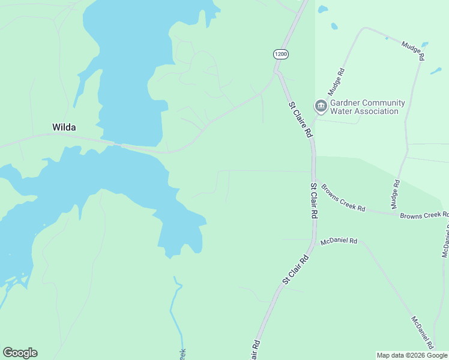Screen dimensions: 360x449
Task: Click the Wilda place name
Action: coord(64,127)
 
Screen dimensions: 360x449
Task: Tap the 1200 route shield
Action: coord(280,54)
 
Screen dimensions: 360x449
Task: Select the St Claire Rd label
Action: coord(301,119)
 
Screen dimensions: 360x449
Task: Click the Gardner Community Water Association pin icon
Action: coord(321,107)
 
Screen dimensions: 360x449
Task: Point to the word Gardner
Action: coord(344,103)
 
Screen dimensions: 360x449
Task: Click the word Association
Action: coord(375,111)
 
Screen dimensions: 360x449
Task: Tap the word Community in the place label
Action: coord(382,103)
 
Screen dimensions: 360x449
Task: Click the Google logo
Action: coord(20,353)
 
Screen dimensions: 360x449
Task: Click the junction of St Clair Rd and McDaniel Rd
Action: coord(313,242)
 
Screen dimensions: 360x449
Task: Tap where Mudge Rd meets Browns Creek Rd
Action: coord(396,212)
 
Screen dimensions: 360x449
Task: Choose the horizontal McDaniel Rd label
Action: coord(339,241)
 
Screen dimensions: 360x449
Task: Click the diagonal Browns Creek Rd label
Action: coord(343,197)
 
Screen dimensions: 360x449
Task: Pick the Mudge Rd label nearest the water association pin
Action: coord(337,82)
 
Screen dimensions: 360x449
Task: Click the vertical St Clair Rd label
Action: coord(313,201)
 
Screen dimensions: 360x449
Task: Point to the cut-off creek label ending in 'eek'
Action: coord(183,354)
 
